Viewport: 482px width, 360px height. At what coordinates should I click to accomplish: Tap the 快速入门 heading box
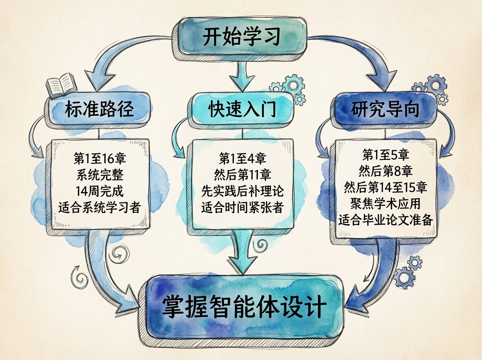point(242,110)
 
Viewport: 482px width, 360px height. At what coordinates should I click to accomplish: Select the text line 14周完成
point(100,191)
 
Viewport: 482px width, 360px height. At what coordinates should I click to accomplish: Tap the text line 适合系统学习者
point(100,207)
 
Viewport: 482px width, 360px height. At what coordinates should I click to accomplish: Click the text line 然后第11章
point(242,174)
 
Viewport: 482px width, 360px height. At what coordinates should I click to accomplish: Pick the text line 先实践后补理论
point(242,191)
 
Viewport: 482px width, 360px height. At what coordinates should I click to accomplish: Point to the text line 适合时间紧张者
point(242,208)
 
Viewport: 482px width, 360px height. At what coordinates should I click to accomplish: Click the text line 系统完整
point(100,174)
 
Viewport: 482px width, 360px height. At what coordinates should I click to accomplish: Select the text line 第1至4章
point(242,158)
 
